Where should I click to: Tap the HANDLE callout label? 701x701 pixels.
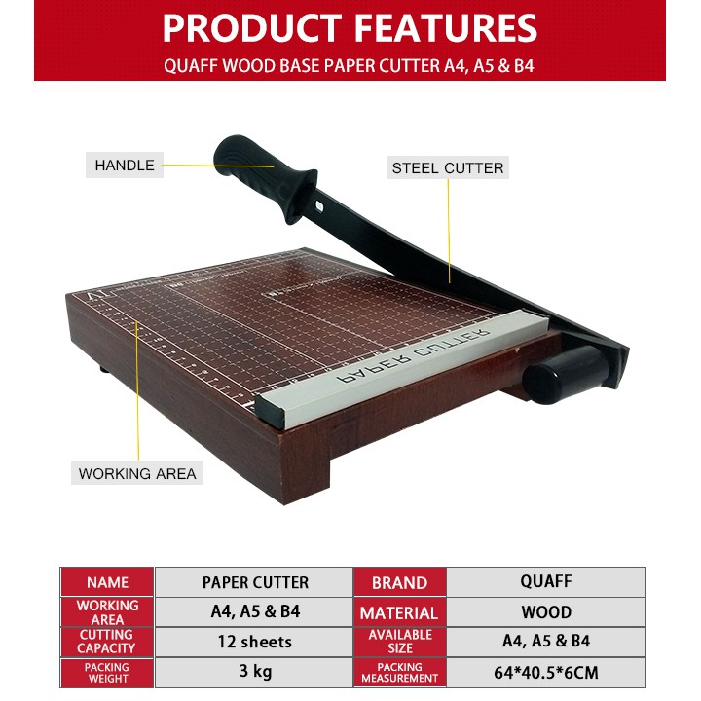click(x=125, y=166)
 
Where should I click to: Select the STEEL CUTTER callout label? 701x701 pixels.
click(x=448, y=167)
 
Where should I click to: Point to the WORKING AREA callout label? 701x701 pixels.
click(x=137, y=474)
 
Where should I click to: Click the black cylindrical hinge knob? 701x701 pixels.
click(x=565, y=368)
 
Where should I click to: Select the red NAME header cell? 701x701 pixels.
click(x=107, y=582)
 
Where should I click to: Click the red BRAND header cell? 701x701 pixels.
click(x=399, y=582)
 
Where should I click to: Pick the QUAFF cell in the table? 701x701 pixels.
click(x=546, y=581)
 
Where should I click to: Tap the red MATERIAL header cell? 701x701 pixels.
click(x=399, y=612)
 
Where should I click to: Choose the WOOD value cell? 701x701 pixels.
click(x=546, y=612)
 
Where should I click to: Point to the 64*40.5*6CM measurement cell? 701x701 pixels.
click(x=546, y=672)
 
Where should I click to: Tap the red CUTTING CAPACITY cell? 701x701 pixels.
click(x=107, y=642)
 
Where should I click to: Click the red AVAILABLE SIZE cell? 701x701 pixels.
click(x=399, y=642)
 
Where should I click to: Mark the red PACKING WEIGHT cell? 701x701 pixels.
click(x=107, y=672)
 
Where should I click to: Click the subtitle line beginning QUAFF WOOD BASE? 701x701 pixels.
click(x=350, y=67)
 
